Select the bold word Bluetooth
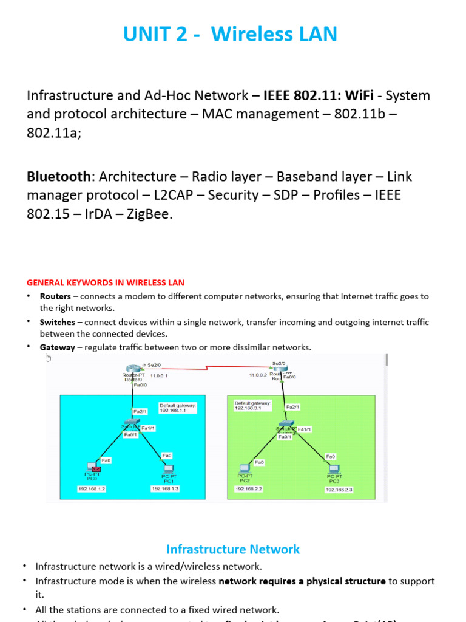(58, 177)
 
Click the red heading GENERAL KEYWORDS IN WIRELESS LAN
(106, 283)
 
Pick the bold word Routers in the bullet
(55, 297)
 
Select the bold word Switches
(58, 323)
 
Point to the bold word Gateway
(58, 347)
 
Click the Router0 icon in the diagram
(133, 369)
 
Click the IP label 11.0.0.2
(258, 375)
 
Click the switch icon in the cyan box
(130, 422)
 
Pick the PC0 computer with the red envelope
(93, 468)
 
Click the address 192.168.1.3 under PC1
(165, 488)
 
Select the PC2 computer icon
(245, 468)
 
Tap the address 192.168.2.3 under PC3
(339, 489)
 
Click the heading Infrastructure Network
(233, 550)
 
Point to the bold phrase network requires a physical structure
(302, 581)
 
